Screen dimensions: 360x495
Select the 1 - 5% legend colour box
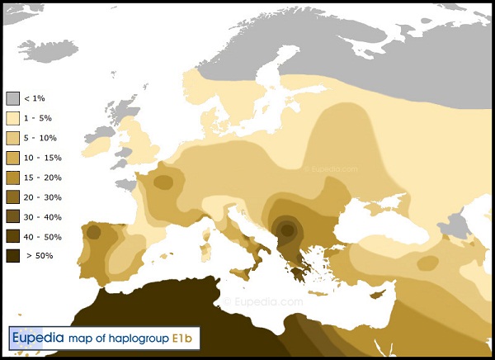[12, 118]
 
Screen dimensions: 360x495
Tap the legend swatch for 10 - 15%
[12, 158]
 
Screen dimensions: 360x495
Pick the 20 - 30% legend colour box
[12, 197]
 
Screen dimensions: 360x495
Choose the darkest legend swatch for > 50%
[12, 255]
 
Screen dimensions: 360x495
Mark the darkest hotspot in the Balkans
[287, 228]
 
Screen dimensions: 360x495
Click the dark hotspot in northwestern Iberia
[92, 233]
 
